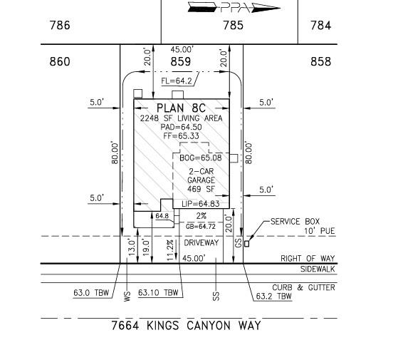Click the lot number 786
[60, 26]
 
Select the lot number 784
[321, 26]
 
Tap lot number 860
[60, 62]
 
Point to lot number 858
[321, 62]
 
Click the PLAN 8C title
[182, 108]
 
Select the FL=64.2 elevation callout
[177, 81]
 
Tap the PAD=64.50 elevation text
[182, 127]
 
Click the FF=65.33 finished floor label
[182, 136]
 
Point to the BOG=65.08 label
[201, 158]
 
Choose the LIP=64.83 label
[201, 204]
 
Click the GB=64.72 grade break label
[201, 227]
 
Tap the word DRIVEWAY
[201, 243]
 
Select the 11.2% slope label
[171, 250]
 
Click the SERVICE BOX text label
[295, 222]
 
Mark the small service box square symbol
[246, 244]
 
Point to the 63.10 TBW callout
[158, 293]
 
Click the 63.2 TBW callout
[274, 297]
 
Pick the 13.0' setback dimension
[132, 247]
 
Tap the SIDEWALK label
[318, 269]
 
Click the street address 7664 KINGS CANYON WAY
[186, 326]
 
